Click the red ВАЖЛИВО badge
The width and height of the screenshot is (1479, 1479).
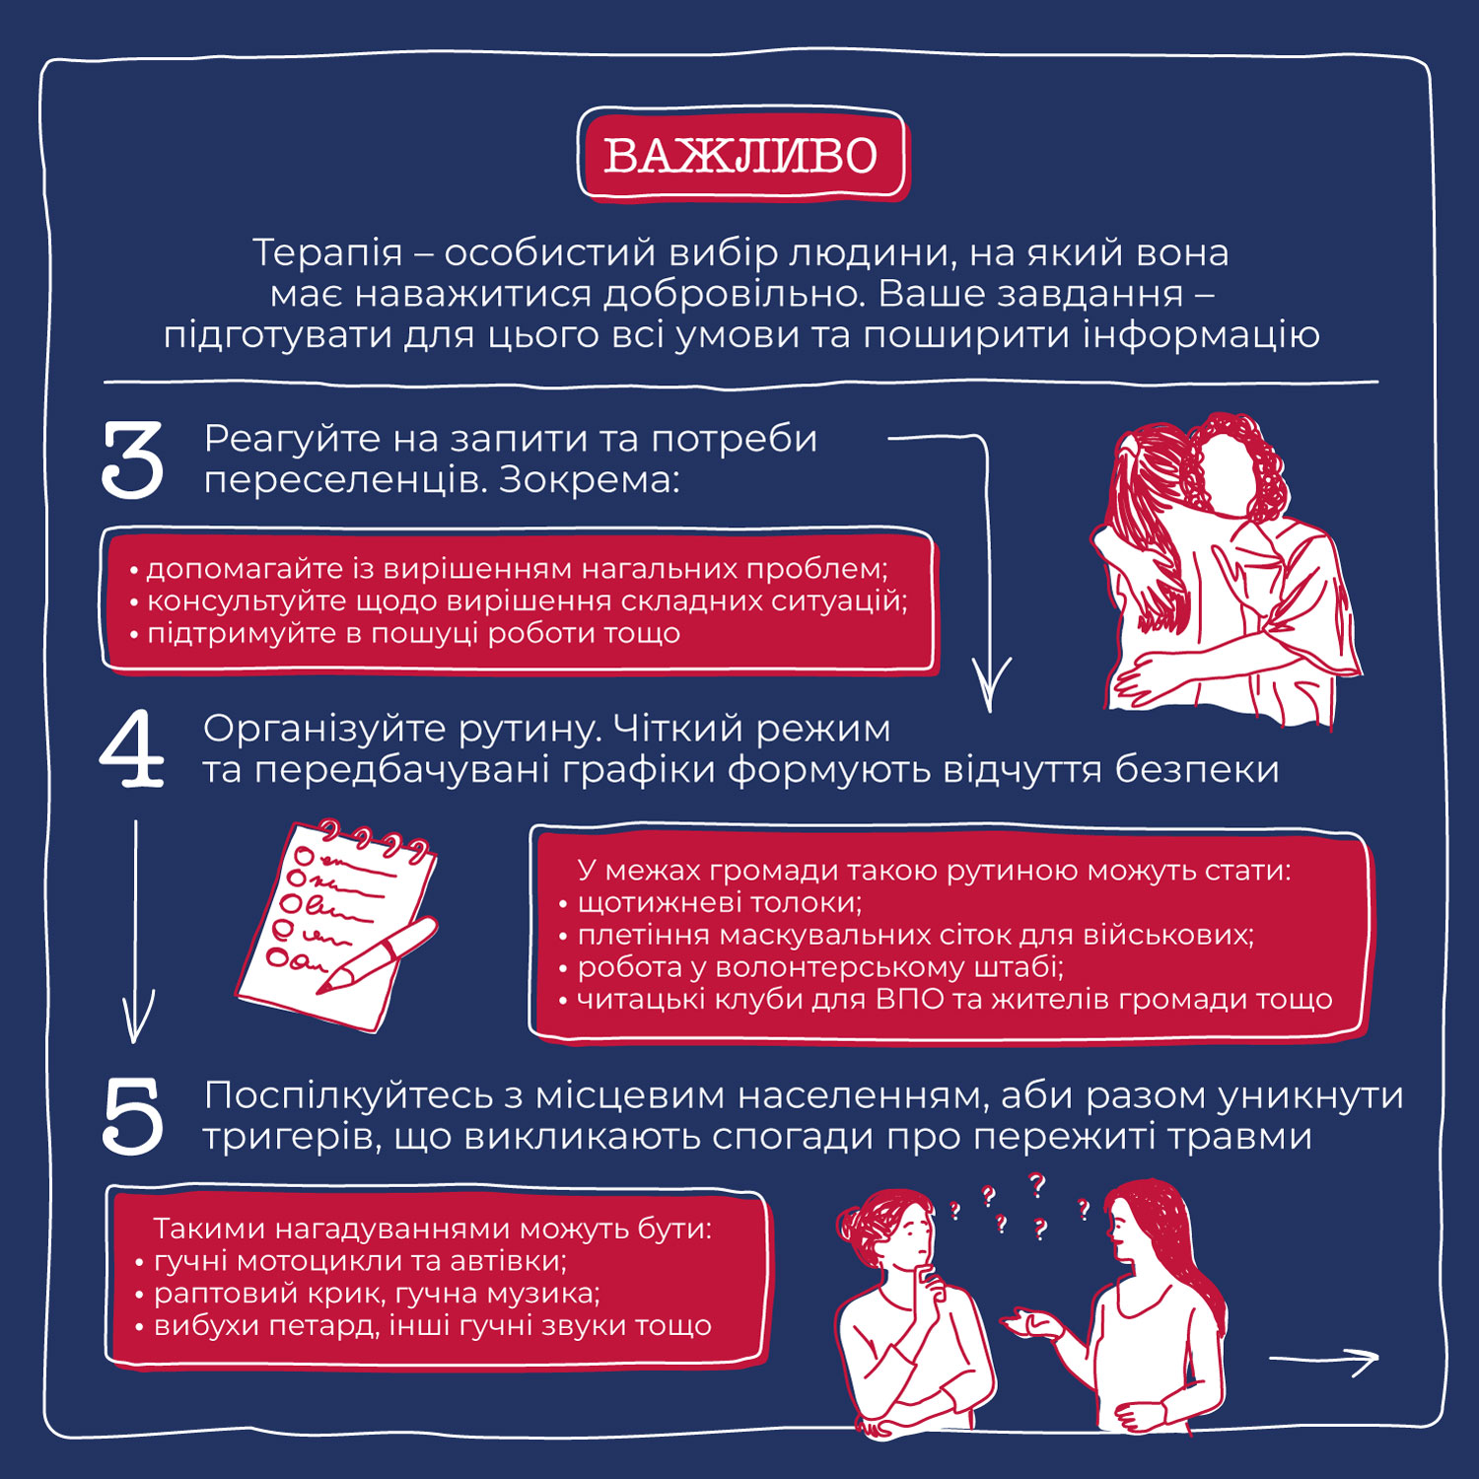tap(740, 156)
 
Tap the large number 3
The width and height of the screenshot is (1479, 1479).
tap(132, 459)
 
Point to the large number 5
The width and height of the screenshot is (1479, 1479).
tap(132, 1116)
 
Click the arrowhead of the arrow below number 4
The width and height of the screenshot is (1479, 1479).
tap(137, 1021)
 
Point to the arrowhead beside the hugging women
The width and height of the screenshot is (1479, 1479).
tap(990, 684)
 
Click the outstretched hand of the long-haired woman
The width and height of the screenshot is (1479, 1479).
tap(1025, 1322)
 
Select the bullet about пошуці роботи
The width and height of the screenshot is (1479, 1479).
tap(405, 633)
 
